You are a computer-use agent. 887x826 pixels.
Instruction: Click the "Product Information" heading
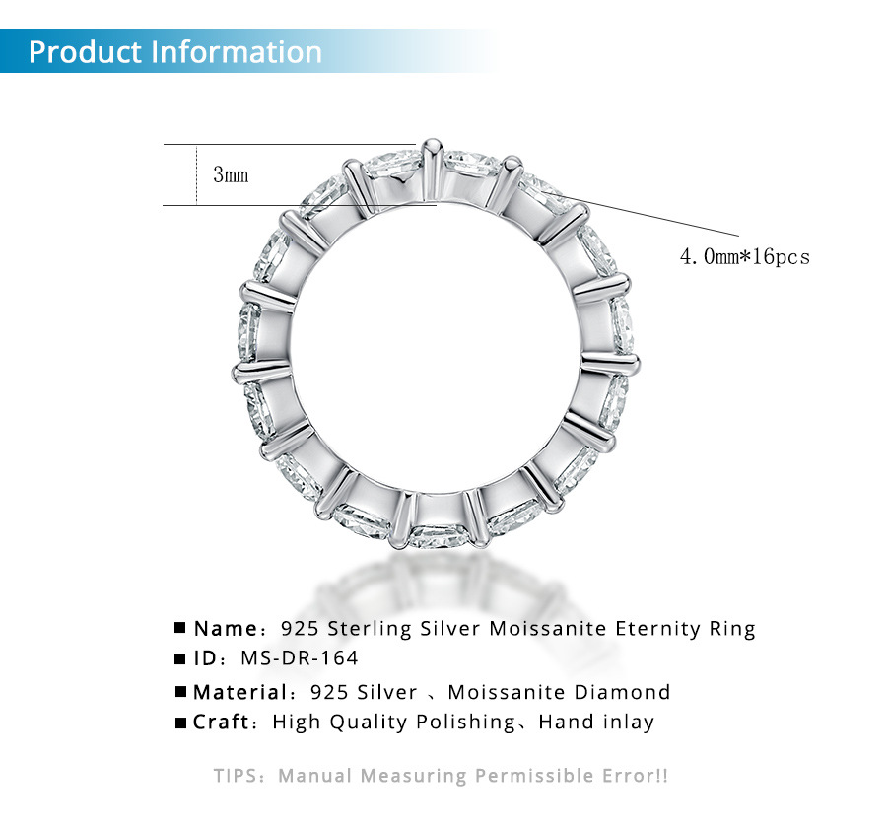[x=175, y=51]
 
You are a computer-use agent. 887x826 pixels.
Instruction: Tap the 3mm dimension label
[x=231, y=175]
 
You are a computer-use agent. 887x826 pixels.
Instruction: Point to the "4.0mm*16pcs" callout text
[x=744, y=256]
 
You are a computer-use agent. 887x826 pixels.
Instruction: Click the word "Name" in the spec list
[x=226, y=629]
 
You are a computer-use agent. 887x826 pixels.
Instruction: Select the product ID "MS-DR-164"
[x=308, y=657]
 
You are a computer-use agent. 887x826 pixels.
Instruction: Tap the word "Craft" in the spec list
[x=222, y=723]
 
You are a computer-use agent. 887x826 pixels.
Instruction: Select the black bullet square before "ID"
[x=180, y=657]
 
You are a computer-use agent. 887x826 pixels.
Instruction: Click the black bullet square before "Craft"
[x=180, y=723]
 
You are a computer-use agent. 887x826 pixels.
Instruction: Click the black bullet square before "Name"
[x=180, y=629]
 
